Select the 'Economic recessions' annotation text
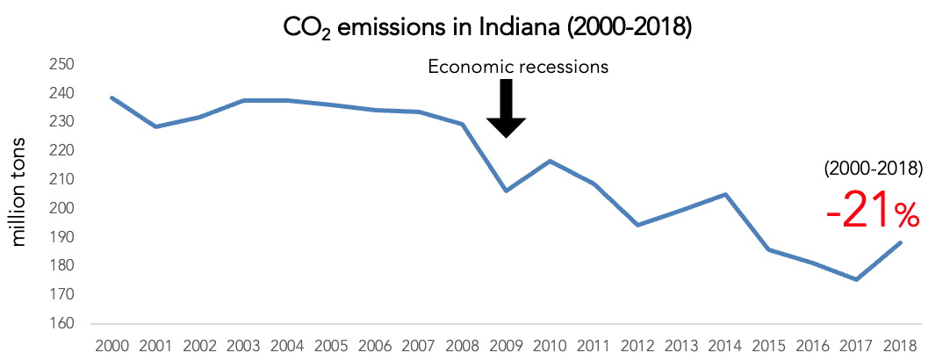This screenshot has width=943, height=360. [518, 67]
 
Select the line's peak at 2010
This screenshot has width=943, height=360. [550, 161]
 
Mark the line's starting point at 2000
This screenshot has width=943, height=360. [112, 97]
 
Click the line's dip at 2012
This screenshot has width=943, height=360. [637, 225]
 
